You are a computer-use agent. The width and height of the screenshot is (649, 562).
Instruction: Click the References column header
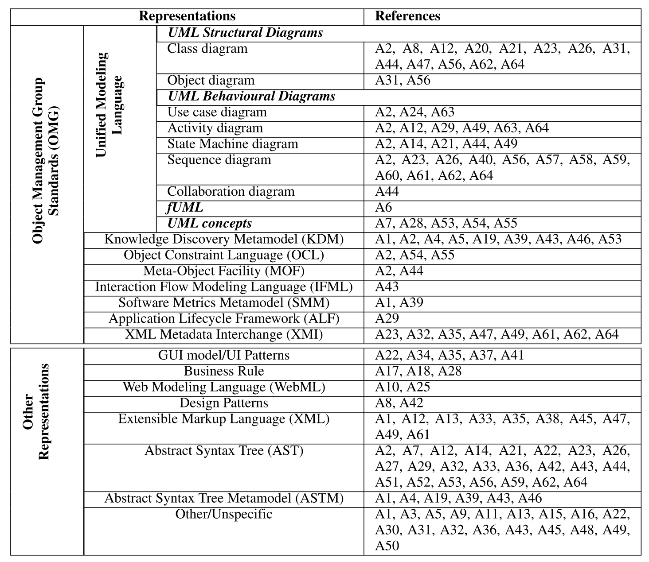pos(407,16)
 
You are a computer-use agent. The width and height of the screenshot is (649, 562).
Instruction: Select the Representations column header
pos(187,16)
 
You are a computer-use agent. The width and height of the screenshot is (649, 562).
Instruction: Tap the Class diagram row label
pos(207,49)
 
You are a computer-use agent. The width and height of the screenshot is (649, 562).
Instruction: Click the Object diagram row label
pos(211,81)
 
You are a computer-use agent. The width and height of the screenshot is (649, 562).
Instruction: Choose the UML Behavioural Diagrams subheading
pos(251,97)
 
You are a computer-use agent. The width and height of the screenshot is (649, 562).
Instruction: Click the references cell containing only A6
pos(383,208)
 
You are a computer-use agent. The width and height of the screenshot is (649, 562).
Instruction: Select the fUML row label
pos(185,208)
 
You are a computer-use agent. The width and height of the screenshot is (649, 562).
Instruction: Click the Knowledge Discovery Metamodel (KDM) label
pos(224,240)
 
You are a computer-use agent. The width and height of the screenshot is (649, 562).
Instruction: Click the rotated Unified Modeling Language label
pos(109,105)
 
